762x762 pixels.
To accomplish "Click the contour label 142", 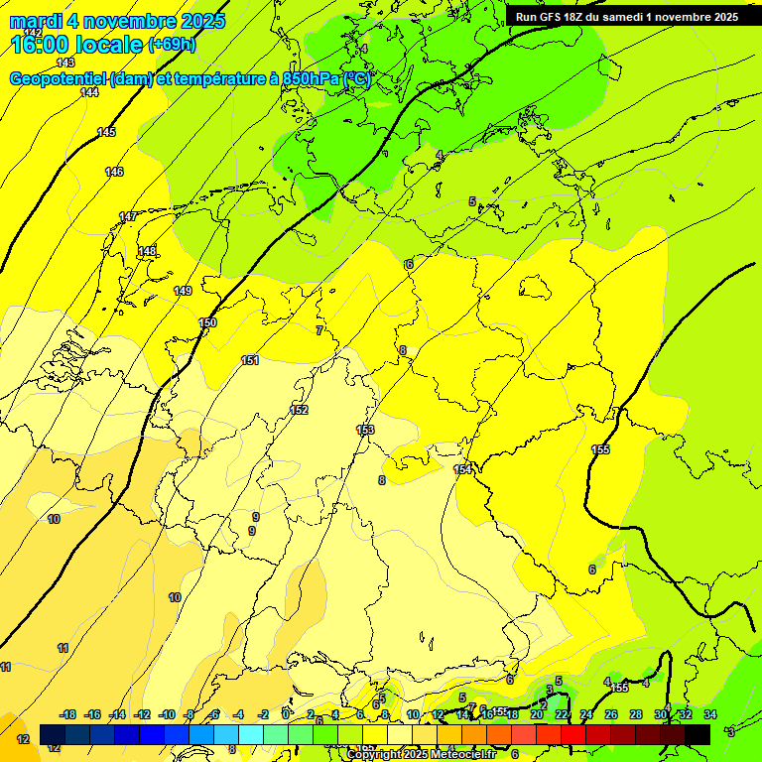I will (x=34, y=33).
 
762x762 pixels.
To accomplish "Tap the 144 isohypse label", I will (x=89, y=92).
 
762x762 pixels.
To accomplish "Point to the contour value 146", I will (x=114, y=172).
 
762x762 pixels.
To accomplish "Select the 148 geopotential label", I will (x=147, y=251).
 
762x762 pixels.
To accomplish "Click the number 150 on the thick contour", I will (x=207, y=322).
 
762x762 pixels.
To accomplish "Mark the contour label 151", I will (x=250, y=360).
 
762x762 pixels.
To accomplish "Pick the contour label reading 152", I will (x=299, y=410).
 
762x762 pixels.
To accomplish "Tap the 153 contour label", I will (x=365, y=430).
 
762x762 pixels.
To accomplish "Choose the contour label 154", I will (x=462, y=469).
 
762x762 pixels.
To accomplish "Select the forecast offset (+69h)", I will (x=172, y=45).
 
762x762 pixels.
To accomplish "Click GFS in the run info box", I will (x=553, y=17).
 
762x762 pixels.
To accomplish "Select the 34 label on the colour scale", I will (x=709, y=714).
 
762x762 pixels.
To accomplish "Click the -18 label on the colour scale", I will (x=67, y=714).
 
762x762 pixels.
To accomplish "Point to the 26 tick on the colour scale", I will (x=611, y=714).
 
